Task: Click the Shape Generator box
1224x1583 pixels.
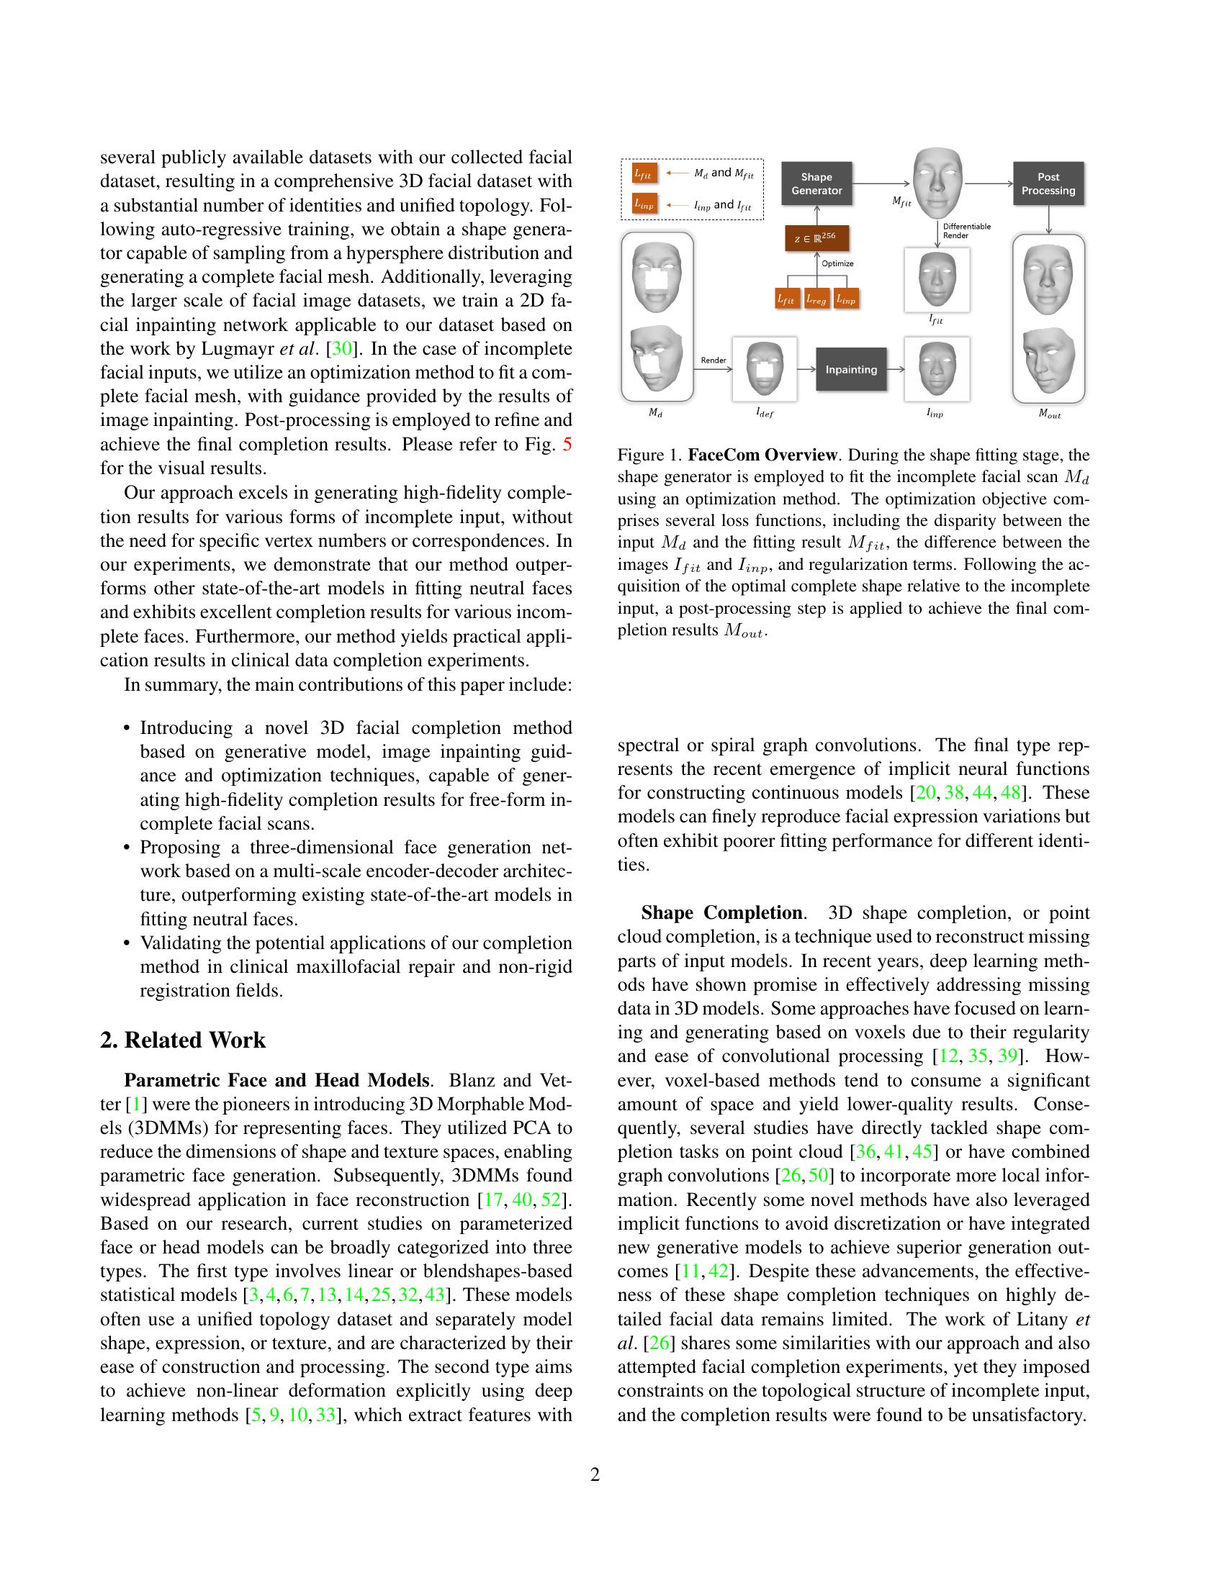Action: [816, 183]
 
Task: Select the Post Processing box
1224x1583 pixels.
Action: [1048, 183]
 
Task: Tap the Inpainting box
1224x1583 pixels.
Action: [850, 370]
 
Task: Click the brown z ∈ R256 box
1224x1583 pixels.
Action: [816, 238]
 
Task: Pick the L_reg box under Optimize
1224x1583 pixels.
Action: [816, 298]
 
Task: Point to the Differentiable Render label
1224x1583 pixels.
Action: [966, 230]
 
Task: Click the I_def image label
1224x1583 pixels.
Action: [764, 412]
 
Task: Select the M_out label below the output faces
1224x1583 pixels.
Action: [1048, 414]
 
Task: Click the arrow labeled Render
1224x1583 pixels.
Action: [713, 369]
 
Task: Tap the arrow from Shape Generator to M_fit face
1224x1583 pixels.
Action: [881, 183]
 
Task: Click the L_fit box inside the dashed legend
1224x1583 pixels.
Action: [642, 174]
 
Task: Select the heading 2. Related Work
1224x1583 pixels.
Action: [183, 1040]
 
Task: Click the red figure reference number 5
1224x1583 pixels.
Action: [567, 444]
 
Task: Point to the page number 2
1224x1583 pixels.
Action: [595, 1475]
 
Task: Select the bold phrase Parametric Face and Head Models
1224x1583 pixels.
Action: [276, 1081]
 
